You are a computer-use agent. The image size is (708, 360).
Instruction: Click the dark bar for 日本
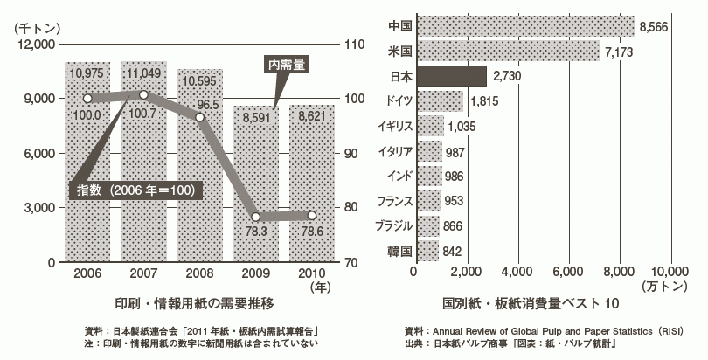(450, 76)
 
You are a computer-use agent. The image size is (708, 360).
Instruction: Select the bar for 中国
(524, 26)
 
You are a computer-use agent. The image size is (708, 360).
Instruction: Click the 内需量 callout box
(285, 63)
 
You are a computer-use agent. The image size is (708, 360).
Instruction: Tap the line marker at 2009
(255, 216)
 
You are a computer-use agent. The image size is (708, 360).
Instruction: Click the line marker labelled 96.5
(200, 117)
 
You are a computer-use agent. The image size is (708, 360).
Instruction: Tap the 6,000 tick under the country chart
(569, 272)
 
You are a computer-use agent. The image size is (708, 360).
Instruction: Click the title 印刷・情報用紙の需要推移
(195, 303)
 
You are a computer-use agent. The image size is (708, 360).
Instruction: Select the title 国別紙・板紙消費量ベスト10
(517, 303)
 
